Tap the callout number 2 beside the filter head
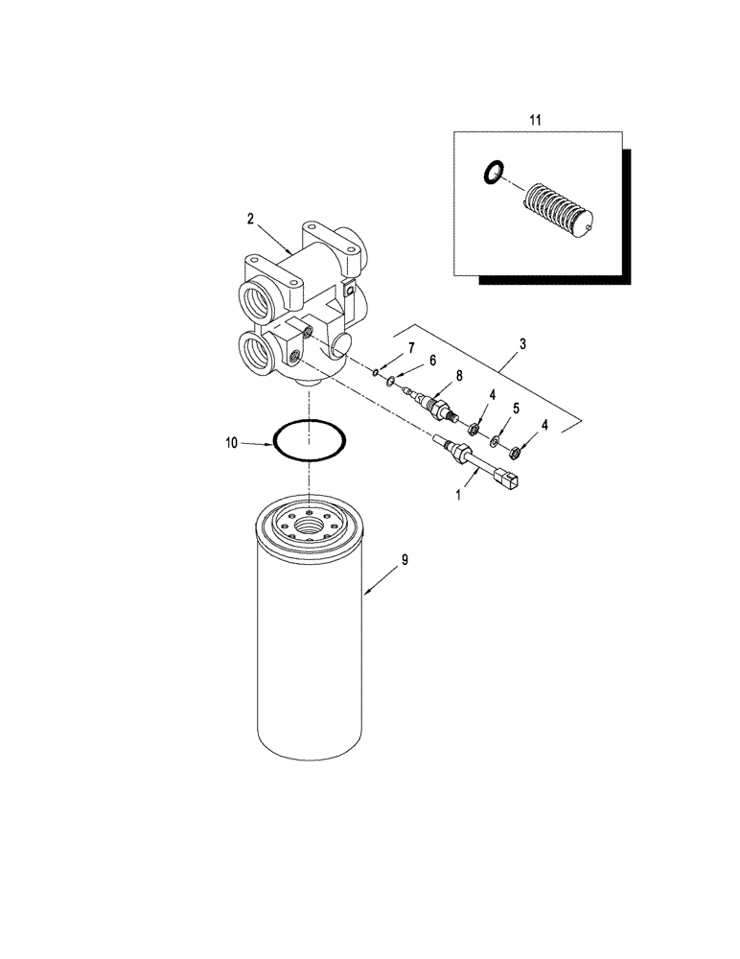click(250, 219)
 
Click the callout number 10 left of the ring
click(230, 443)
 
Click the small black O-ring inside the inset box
click(493, 174)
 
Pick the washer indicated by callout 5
click(494, 441)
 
